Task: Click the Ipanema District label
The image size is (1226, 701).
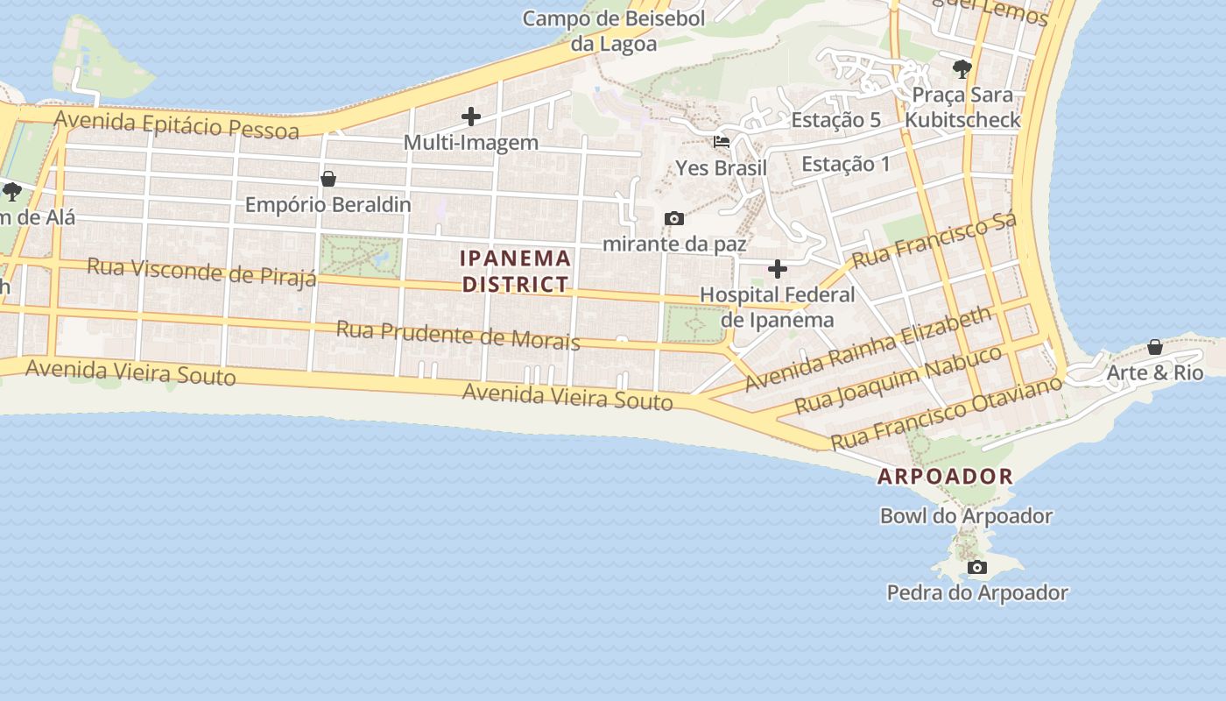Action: point(516,271)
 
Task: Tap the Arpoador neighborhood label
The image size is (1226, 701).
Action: point(945,477)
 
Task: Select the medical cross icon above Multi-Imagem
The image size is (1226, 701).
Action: point(471,117)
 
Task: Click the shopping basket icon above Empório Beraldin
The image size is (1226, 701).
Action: point(328,179)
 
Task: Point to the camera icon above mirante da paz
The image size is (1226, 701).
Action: point(674,218)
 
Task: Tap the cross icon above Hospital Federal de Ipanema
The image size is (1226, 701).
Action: point(777,269)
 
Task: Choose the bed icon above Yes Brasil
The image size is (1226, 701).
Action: point(722,142)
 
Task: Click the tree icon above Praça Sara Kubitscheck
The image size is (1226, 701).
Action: point(962,68)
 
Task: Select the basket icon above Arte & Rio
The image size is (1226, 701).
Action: point(1155,347)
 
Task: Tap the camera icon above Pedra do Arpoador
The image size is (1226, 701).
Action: point(977,568)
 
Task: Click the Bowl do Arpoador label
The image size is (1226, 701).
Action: point(966,516)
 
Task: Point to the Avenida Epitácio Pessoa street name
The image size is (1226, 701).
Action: point(177,124)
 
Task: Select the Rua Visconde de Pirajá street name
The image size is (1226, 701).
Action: point(201,272)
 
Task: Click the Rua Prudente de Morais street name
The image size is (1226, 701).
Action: point(458,335)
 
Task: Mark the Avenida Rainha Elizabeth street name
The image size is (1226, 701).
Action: point(868,349)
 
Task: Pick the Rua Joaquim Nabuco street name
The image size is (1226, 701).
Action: point(898,380)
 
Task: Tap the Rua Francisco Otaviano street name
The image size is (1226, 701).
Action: point(946,412)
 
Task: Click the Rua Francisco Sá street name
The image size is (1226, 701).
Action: point(934,239)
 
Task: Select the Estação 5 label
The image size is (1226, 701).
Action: point(835,120)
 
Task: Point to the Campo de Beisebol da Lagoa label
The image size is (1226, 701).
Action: point(614,31)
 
